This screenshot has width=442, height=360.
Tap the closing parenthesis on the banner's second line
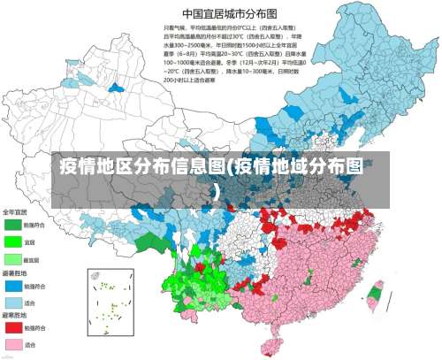coord(217,190)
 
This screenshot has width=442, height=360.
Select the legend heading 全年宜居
coord(14,212)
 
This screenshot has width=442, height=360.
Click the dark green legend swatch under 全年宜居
coord(12,226)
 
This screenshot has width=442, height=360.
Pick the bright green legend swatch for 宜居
coord(12,241)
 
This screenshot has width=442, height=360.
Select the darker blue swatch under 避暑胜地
coord(12,287)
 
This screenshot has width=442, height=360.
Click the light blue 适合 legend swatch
coord(12,303)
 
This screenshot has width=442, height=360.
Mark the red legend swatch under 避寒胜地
coord(12,328)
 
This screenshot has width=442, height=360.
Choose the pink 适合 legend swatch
coord(12,344)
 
